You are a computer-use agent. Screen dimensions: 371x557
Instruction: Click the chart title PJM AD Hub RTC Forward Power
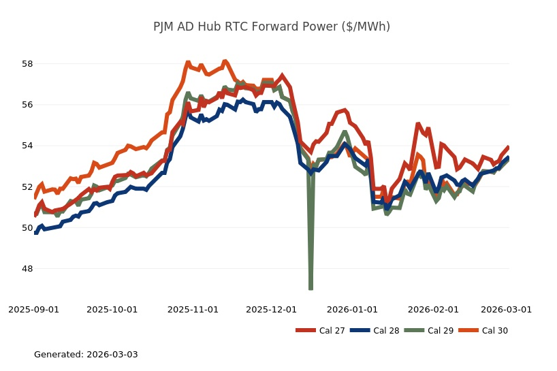click(272, 27)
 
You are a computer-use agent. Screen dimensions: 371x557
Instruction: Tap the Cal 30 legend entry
click(484, 331)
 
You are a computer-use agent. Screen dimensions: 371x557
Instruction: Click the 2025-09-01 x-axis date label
click(34, 309)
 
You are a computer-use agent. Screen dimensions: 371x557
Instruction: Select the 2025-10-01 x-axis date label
click(112, 309)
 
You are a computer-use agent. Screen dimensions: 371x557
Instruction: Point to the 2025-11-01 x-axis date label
click(193, 309)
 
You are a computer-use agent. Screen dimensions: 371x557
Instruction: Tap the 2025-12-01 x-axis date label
click(271, 309)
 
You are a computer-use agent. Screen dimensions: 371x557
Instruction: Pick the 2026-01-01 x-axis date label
click(352, 309)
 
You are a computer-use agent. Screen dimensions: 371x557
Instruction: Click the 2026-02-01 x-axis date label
click(433, 309)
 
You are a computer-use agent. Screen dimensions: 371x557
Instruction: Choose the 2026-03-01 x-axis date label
click(506, 309)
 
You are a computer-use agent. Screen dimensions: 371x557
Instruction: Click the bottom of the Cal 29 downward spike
click(311, 289)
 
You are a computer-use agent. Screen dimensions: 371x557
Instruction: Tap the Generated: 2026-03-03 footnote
click(86, 355)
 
